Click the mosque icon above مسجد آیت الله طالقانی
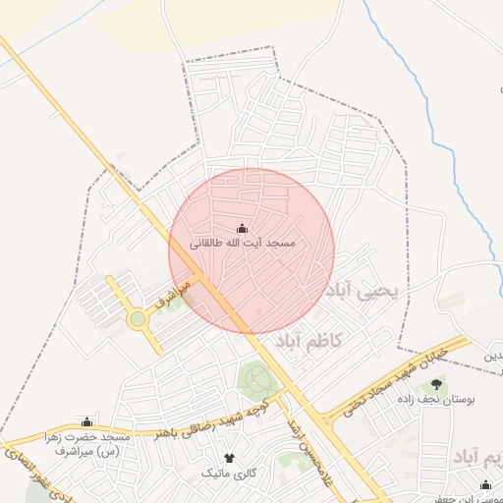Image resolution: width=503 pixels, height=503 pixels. (243, 229)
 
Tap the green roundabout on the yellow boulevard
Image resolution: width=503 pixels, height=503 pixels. (138, 319)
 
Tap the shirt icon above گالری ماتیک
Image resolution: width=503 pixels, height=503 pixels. (230, 458)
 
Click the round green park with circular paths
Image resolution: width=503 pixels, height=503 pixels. (258, 381)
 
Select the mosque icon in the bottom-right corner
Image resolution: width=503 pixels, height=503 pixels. (485, 484)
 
